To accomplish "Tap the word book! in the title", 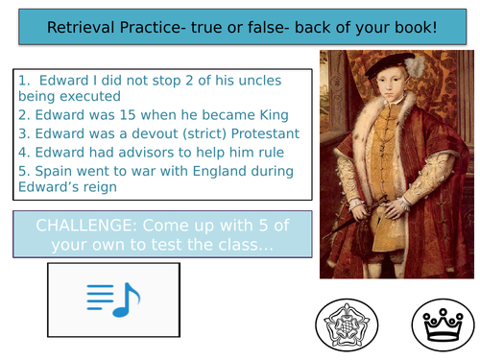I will pyautogui.click(x=410, y=28).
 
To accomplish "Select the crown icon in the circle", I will pyautogui.click(x=443, y=322).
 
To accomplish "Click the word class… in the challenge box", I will pyautogui.click(x=248, y=246).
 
